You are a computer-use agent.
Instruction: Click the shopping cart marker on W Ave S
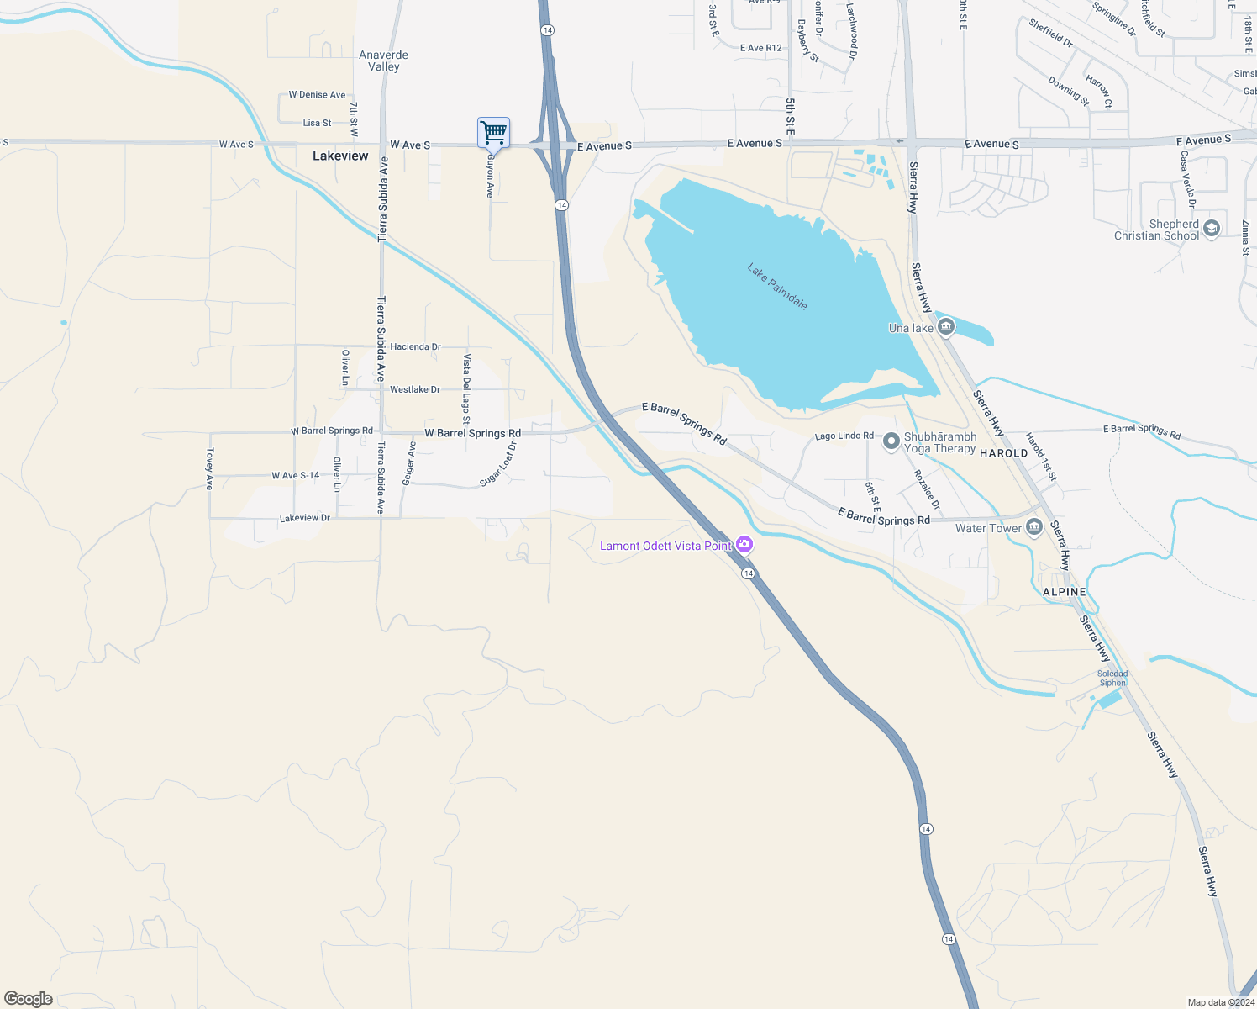tap(493, 133)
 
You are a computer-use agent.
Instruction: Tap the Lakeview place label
tap(340, 156)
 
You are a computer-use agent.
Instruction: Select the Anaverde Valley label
tap(384, 61)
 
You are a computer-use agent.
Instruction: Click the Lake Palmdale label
tap(777, 286)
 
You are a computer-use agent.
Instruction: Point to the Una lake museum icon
tap(946, 327)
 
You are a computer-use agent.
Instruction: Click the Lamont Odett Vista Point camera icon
tap(744, 545)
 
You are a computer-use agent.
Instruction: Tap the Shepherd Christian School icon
tap(1211, 229)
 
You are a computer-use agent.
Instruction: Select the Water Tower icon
tap(1034, 527)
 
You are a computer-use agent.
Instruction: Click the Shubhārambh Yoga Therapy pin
tap(891, 441)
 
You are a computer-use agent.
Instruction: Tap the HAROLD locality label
tap(1003, 453)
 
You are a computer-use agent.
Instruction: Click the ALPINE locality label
tap(1064, 592)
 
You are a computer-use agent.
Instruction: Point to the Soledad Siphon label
tap(1112, 678)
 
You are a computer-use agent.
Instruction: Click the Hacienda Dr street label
tap(415, 346)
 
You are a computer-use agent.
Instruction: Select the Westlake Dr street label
tap(415, 389)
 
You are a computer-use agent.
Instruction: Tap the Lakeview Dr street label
tap(305, 518)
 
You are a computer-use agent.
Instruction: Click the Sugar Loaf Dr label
tap(498, 464)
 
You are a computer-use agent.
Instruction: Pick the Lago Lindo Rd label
tap(844, 436)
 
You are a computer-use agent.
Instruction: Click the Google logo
tap(29, 999)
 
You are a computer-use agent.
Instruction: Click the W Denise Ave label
tap(317, 95)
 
